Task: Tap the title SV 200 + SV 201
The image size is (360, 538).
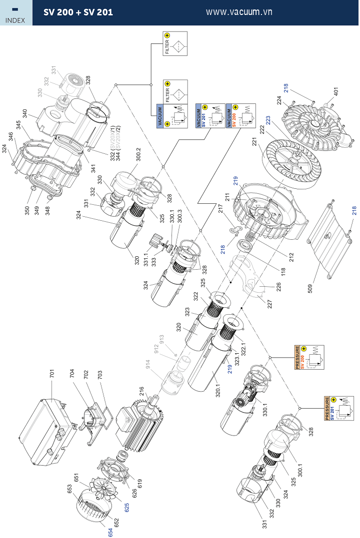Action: [78, 12]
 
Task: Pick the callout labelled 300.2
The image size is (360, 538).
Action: [138, 155]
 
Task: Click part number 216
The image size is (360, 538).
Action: [141, 390]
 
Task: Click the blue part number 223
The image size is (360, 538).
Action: [268, 120]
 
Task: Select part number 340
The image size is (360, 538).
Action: [25, 113]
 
